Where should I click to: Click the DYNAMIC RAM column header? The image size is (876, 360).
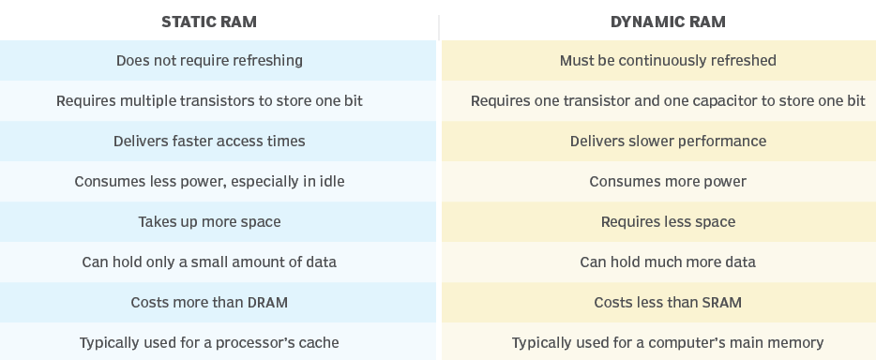[667, 22]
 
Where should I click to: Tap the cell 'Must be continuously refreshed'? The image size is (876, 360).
[668, 61]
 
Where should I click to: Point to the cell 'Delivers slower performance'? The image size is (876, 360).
[668, 142]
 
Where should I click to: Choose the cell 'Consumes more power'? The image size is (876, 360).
[668, 182]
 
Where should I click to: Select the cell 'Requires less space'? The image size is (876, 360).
[668, 222]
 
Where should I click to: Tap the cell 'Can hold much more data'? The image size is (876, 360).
[668, 262]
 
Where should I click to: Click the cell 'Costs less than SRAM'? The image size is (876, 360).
[668, 303]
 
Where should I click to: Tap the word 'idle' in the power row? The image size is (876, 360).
[330, 182]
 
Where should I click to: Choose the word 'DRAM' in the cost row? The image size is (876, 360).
[267, 303]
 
